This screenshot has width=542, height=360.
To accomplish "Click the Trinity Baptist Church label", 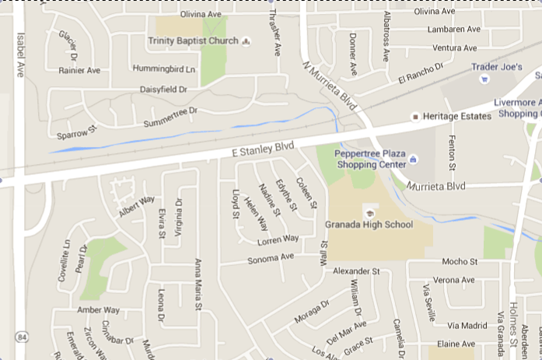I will tap(194, 40).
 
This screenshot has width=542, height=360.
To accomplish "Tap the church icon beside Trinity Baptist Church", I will tap(247, 40).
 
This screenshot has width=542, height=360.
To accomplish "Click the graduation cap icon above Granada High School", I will tap(370, 211).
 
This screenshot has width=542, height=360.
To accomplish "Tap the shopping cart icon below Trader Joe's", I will tap(484, 79).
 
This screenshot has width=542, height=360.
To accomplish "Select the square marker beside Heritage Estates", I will tap(415, 116).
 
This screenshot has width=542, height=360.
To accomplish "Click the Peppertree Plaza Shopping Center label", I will tap(370, 159).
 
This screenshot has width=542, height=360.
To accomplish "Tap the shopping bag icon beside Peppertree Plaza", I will tap(413, 159).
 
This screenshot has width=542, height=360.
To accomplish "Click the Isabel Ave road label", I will tap(20, 54).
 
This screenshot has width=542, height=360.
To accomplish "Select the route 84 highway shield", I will tap(20, 337).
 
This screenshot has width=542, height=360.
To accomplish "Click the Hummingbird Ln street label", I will tap(163, 69).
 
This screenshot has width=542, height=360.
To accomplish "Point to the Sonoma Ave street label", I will tap(271, 257).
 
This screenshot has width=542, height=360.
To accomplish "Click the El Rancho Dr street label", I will tap(420, 74).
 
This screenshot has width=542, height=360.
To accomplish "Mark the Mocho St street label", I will tap(459, 261).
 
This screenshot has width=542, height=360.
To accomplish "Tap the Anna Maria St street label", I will tap(198, 285).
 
